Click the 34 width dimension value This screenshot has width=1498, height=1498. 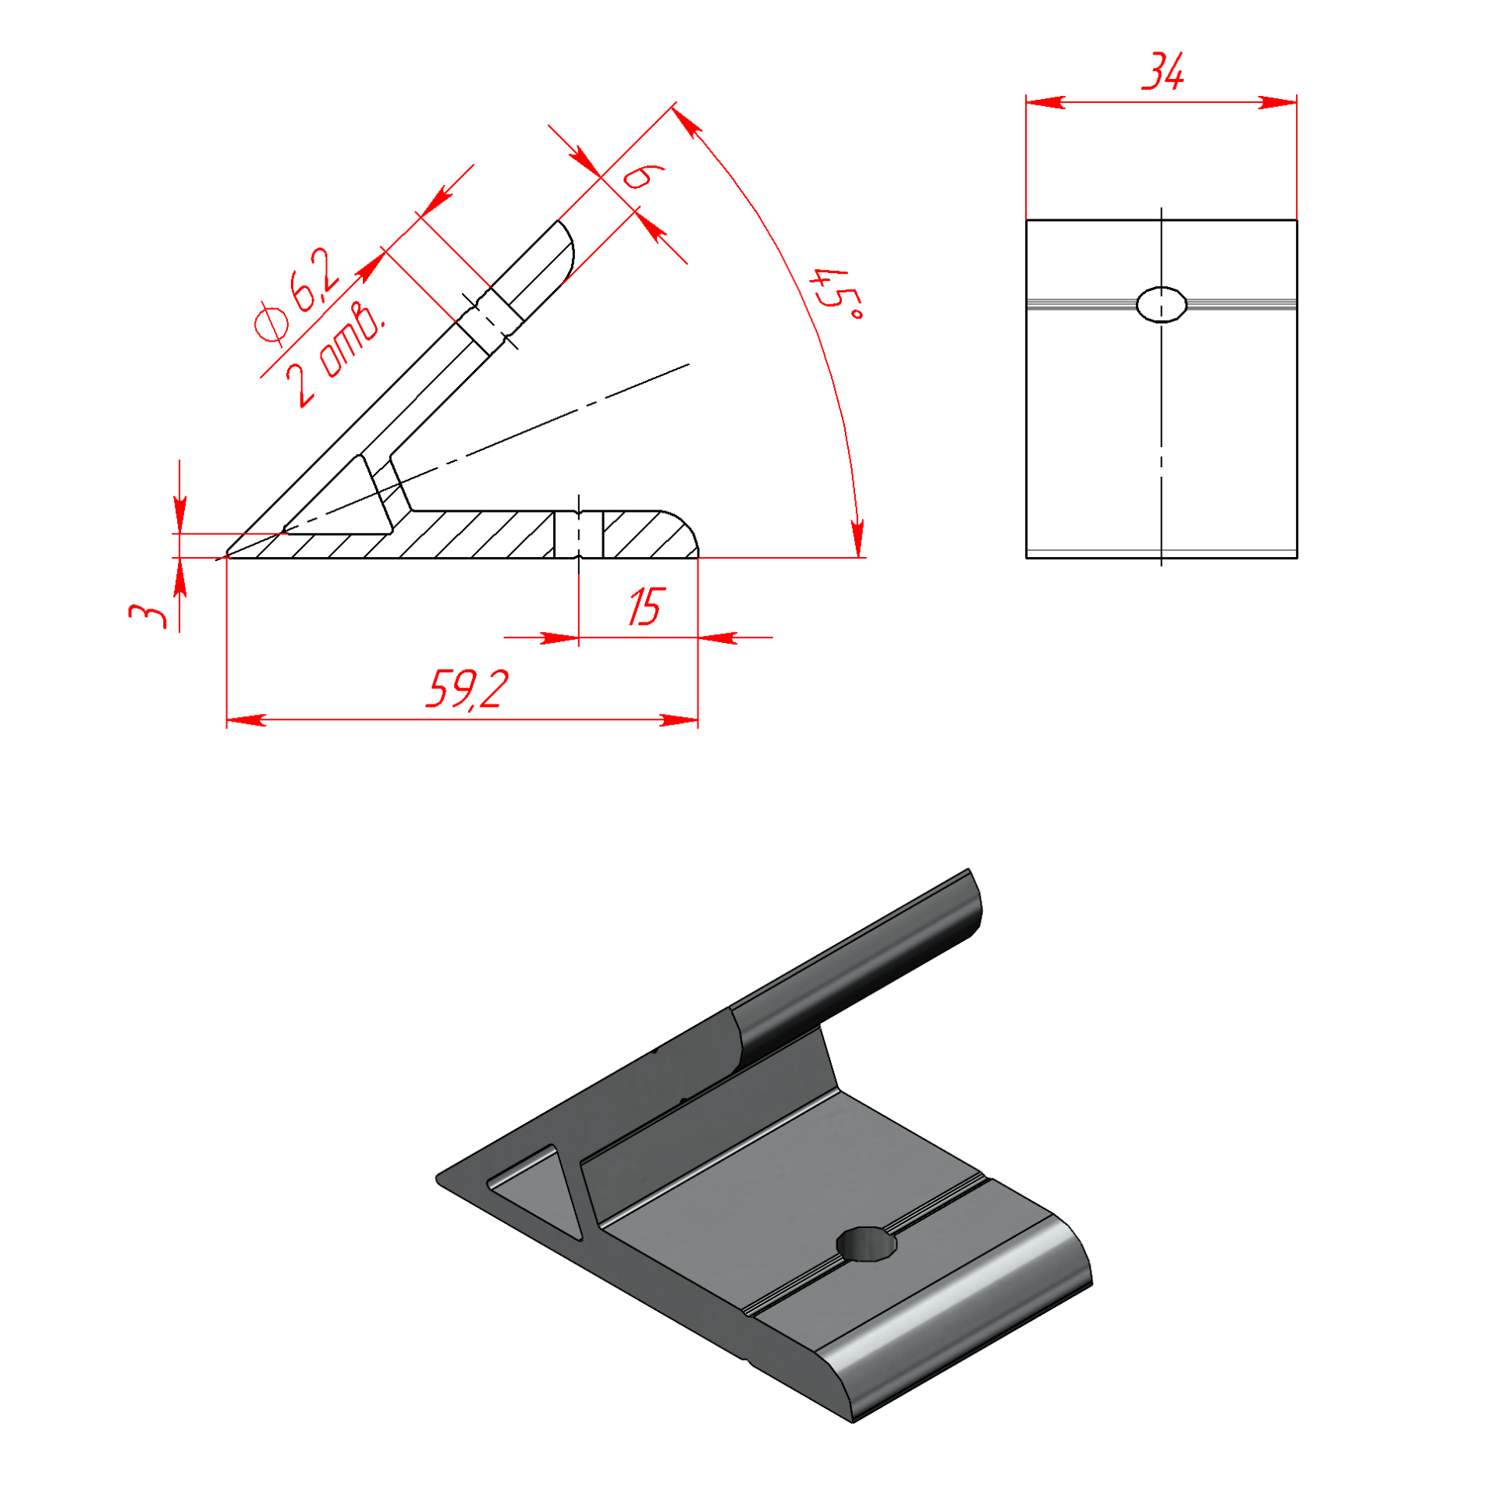click(1163, 72)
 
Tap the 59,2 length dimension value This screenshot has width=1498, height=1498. click(467, 689)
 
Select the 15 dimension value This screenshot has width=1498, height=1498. click(646, 607)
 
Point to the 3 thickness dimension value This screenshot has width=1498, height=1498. click(148, 616)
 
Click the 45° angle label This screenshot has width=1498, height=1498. click(836, 295)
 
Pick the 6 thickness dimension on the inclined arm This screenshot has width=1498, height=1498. click(642, 176)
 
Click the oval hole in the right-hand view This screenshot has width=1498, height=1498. click(1161, 304)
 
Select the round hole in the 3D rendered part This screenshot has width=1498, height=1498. click(866, 1244)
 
